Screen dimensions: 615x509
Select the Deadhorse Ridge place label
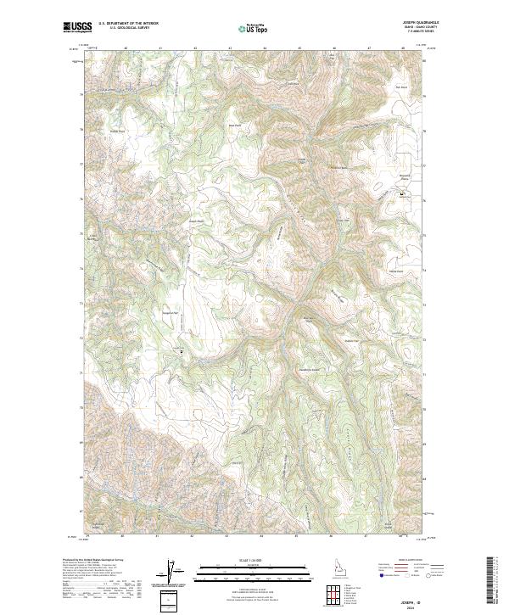(x=310, y=371)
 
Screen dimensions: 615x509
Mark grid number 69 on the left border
(x=82, y=442)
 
